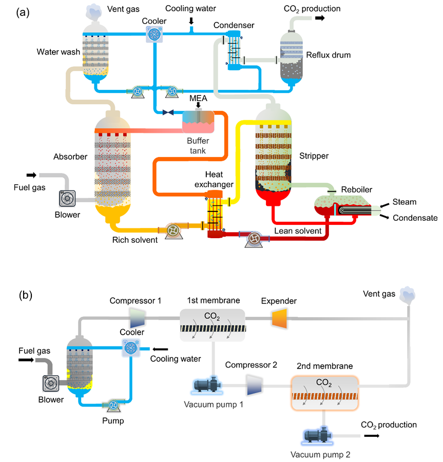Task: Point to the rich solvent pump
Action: click(172, 230)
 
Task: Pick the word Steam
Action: click(404, 202)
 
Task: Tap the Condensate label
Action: click(415, 218)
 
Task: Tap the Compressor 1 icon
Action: click(138, 318)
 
